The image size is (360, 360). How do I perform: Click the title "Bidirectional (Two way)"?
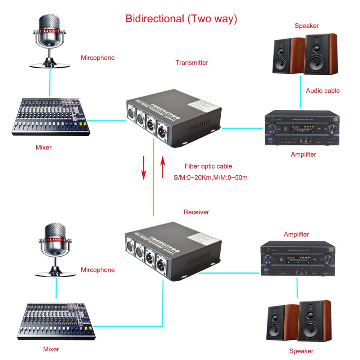(x=181, y=19)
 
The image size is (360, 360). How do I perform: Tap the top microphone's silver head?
(x=50, y=25)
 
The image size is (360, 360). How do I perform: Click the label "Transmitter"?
(x=192, y=63)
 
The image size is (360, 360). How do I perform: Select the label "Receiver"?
(x=196, y=212)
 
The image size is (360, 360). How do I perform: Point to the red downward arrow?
(x=144, y=167)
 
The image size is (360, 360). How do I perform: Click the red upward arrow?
(x=162, y=167)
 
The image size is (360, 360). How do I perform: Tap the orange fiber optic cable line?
(x=153, y=180)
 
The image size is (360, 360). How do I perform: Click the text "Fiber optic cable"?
(x=208, y=166)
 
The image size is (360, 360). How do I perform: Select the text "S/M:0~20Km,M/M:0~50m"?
(x=210, y=177)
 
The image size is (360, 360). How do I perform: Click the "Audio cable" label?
(x=323, y=91)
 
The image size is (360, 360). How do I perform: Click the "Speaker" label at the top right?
(x=307, y=26)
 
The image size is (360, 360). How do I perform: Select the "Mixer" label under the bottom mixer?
(x=51, y=349)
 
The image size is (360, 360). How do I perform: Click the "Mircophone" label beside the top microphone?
(x=98, y=58)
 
